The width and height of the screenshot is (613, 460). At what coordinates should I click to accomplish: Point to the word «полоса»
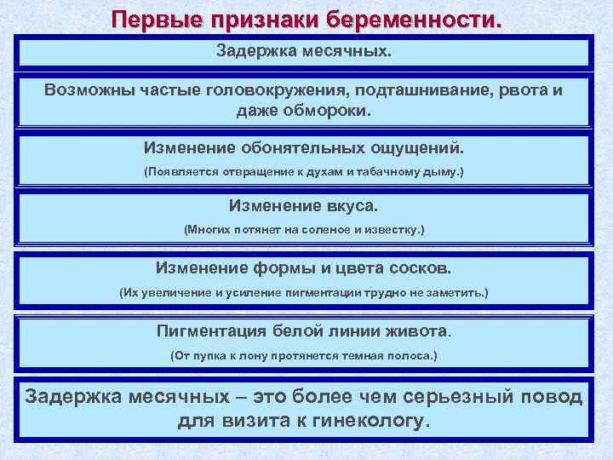click(411, 354)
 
